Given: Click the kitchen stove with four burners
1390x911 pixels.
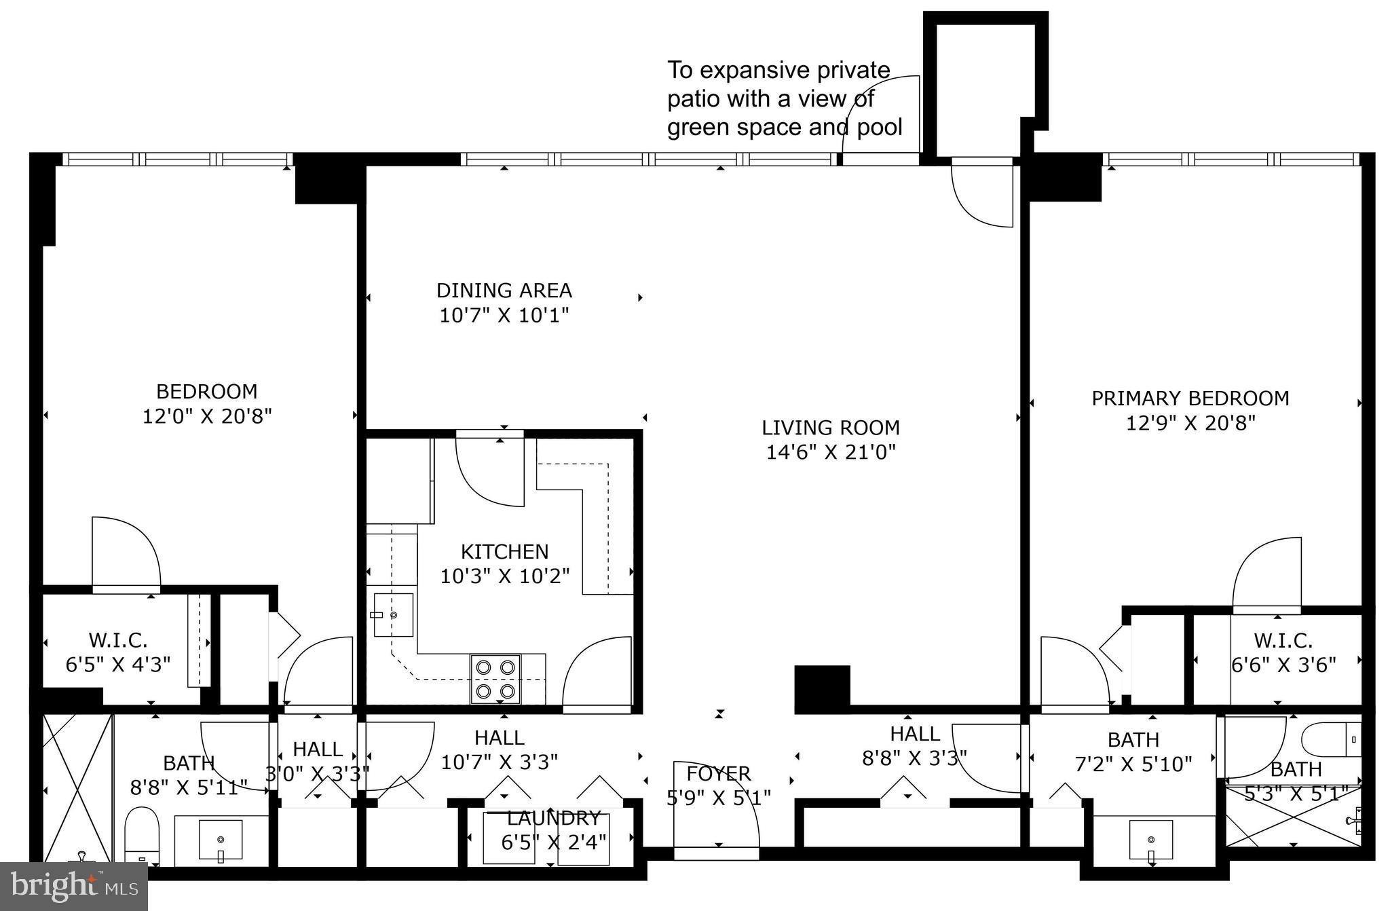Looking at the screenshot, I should point(495,679).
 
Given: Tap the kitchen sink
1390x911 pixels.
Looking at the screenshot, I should point(393,615).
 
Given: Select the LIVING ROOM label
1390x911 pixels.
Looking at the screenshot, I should point(830,428).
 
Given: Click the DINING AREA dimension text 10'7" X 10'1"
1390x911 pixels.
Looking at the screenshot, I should point(504,316).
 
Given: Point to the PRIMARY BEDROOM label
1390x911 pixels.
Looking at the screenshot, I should point(1190,398).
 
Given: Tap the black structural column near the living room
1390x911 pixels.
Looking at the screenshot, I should point(822,688).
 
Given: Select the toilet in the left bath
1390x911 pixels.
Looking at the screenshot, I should point(141,835).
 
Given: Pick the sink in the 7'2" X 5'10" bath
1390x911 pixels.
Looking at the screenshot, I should point(1151,840).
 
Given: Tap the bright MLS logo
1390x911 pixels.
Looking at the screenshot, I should point(73,887).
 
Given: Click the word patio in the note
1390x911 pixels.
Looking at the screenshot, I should point(693,99).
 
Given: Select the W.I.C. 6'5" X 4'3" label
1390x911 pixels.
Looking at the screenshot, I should point(117,652).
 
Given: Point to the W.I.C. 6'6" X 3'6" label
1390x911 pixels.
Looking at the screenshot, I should point(1283,652).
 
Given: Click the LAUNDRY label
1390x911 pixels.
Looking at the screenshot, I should point(553,818).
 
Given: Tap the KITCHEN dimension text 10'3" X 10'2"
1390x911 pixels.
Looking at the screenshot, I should point(504,576).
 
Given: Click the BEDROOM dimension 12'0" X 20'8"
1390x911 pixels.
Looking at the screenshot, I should point(207,416).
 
